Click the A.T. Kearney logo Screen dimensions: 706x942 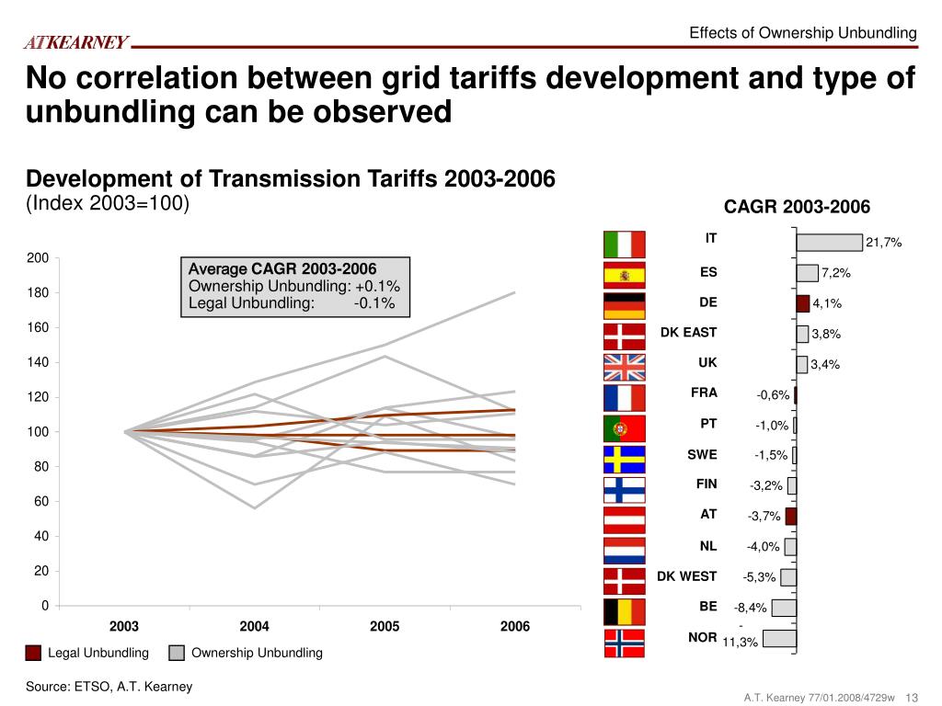pyautogui.click(x=76, y=42)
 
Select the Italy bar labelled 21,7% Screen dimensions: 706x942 pyautogui.click(x=829, y=242)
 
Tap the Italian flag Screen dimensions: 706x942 pyautogui.click(x=625, y=245)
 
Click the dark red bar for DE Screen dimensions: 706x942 pyautogui.click(x=803, y=303)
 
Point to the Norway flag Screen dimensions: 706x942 pyautogui.click(x=625, y=642)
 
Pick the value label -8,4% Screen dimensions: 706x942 pyautogui.click(x=750, y=608)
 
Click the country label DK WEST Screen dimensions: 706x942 pyautogui.click(x=686, y=576)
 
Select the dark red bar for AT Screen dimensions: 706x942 pyautogui.click(x=791, y=516)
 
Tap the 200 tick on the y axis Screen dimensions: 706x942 pyautogui.click(x=38, y=258)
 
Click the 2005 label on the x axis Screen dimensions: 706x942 pyautogui.click(x=385, y=627)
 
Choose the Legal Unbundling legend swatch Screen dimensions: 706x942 pyautogui.click(x=33, y=654)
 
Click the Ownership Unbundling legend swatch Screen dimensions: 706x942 pyautogui.click(x=177, y=654)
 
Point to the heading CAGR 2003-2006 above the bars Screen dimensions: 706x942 pyautogui.click(x=797, y=207)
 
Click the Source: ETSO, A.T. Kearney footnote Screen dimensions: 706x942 pyautogui.click(x=109, y=687)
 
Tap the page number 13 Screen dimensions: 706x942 pyautogui.click(x=913, y=698)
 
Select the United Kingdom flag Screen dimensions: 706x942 pyautogui.click(x=625, y=366)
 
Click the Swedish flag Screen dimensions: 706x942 pyautogui.click(x=625, y=457)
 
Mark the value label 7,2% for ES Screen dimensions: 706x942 pyautogui.click(x=836, y=273)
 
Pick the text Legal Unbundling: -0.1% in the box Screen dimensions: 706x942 pyautogui.click(x=292, y=303)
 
